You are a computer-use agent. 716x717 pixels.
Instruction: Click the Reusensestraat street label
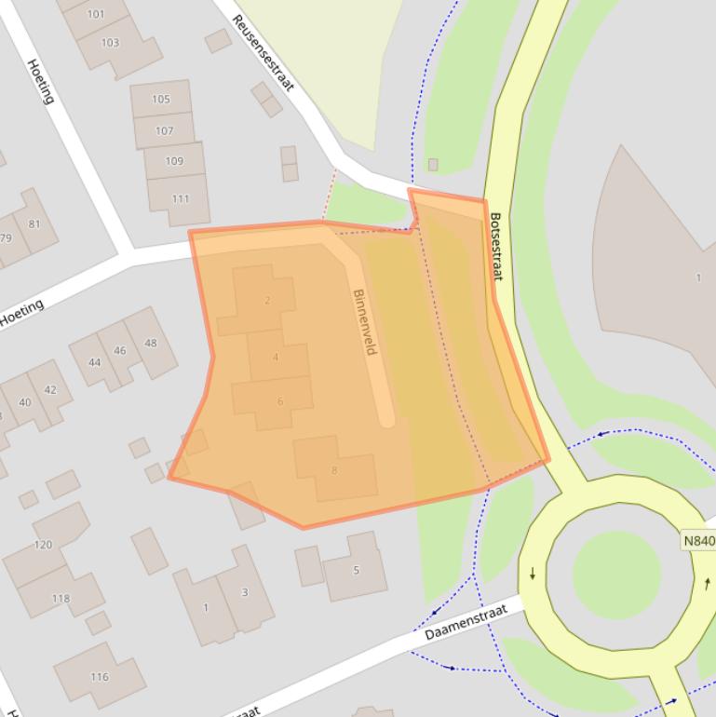pyautogui.click(x=263, y=53)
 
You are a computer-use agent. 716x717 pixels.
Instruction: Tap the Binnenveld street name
pyautogui.click(x=364, y=321)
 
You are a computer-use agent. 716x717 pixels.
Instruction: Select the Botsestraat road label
pyautogui.click(x=496, y=247)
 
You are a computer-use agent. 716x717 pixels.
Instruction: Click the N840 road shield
pyautogui.click(x=697, y=541)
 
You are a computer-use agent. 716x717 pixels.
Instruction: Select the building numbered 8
pyautogui.click(x=334, y=468)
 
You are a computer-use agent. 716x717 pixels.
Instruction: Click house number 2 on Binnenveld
pyautogui.click(x=267, y=300)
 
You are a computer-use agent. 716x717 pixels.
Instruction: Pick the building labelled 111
pyautogui.click(x=180, y=198)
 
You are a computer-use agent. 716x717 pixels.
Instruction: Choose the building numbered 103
pyautogui.click(x=110, y=43)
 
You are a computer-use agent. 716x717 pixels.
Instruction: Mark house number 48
pyautogui.click(x=150, y=342)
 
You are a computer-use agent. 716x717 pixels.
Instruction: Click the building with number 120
pyautogui.click(x=44, y=545)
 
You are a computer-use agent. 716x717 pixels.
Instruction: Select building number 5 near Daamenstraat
pyautogui.click(x=355, y=570)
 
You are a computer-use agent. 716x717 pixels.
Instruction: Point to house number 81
pyautogui.click(x=35, y=223)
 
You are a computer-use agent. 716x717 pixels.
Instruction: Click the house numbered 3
pyautogui.click(x=244, y=592)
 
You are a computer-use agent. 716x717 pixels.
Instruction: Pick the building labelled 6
pyautogui.click(x=279, y=401)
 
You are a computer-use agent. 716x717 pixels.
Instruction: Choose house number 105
pyautogui.click(x=161, y=99)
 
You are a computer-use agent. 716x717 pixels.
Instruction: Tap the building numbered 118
pyautogui.click(x=61, y=597)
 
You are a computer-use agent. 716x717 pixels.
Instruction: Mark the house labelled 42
pyautogui.click(x=50, y=389)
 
